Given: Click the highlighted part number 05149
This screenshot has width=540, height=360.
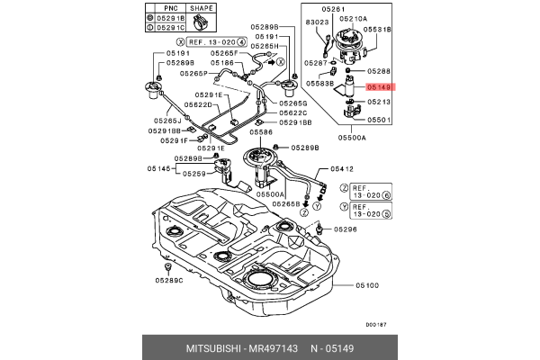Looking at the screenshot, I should (x=379, y=87).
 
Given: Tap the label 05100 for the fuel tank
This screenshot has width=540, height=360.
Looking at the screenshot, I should (x=366, y=285).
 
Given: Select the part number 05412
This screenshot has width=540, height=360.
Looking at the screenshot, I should (x=342, y=167).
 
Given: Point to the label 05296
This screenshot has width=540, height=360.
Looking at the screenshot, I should (x=346, y=229).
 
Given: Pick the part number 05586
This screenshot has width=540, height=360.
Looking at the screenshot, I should (x=261, y=131).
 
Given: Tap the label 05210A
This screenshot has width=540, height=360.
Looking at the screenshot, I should (x=353, y=18).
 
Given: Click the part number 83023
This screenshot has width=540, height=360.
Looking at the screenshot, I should (x=317, y=20).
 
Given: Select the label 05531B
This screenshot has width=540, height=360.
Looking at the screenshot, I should (x=379, y=29).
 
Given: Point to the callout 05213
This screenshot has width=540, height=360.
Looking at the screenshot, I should (x=379, y=103).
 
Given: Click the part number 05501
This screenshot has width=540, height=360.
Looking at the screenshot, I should (x=379, y=119).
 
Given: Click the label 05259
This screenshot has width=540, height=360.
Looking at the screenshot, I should (x=194, y=174).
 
